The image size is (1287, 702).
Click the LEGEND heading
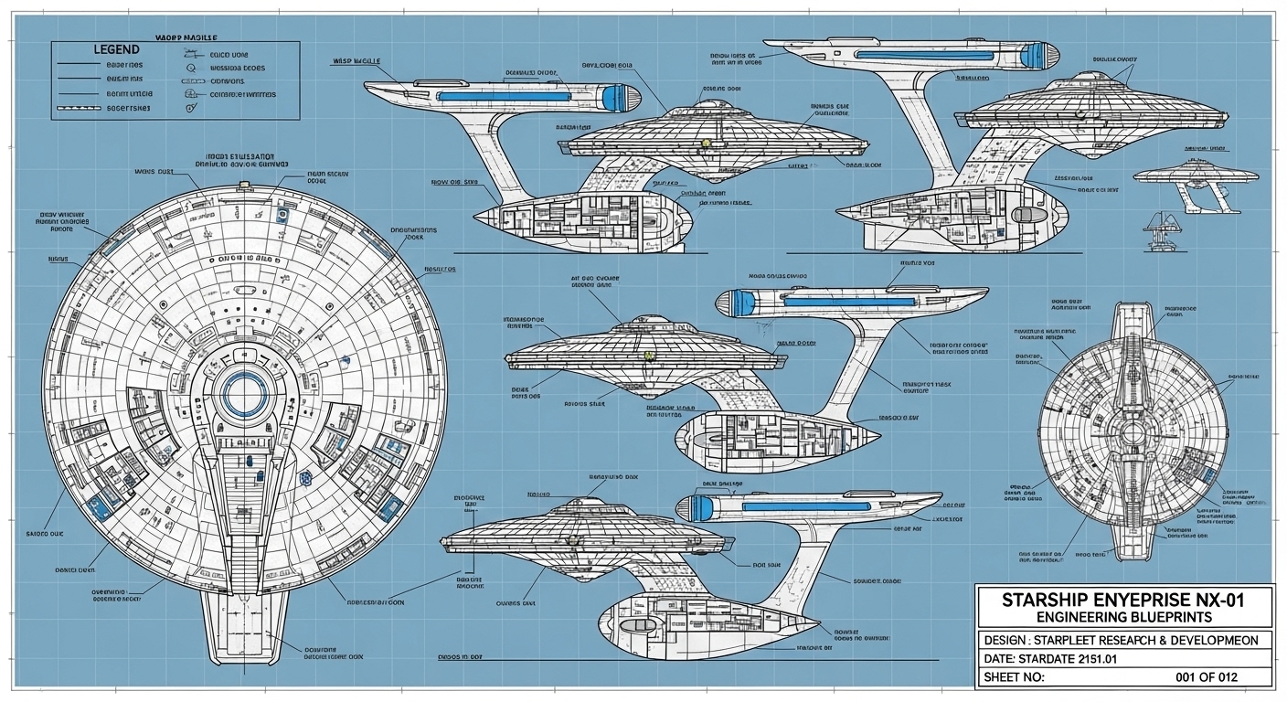click(116, 48)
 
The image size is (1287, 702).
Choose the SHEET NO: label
click(1012, 678)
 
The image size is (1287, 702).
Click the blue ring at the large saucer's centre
click(244, 396)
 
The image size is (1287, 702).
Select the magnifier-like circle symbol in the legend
click(191, 67)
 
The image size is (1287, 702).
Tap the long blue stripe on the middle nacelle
click(850, 300)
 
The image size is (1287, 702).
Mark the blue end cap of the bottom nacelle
click(701, 508)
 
